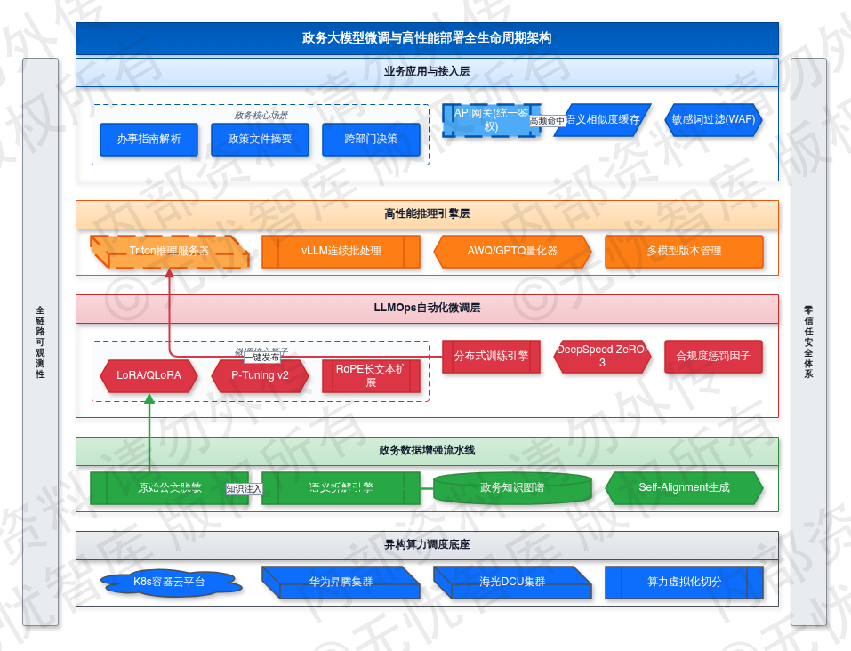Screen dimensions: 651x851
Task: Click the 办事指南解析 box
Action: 149,139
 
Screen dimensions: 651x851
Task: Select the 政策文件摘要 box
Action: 260,139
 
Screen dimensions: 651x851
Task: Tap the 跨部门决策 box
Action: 371,139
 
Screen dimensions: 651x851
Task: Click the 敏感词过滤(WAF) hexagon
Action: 713,119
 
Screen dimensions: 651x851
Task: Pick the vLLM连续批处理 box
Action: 341,251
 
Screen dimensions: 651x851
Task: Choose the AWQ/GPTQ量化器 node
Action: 512,251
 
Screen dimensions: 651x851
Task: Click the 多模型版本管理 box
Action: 684,251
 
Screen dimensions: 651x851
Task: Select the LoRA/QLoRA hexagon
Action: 149,375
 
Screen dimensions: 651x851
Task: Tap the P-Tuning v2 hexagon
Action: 260,375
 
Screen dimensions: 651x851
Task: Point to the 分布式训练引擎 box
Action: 491,356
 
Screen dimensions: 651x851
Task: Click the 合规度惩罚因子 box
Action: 713,356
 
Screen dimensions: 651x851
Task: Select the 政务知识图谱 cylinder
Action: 512,487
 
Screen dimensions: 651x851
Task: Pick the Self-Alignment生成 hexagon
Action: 684,487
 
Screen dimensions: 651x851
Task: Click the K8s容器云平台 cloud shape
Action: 170,583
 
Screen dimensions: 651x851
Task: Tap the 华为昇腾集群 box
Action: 341,583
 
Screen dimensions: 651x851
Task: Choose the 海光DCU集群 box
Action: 512,583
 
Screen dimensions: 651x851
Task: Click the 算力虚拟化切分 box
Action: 684,583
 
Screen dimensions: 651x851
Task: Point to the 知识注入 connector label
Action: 244,488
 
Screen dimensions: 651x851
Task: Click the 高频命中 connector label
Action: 547,120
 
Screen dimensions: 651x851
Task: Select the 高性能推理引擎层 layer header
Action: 427,213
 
